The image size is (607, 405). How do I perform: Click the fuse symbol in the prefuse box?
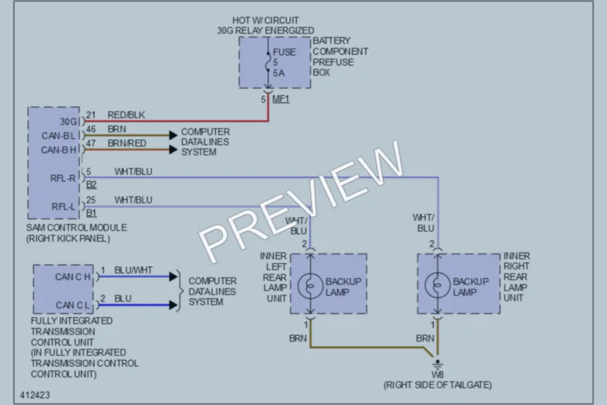[x=268, y=62]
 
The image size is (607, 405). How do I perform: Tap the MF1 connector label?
[x=281, y=99]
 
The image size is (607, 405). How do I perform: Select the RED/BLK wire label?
[x=126, y=115]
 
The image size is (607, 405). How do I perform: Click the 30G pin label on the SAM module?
[x=68, y=122]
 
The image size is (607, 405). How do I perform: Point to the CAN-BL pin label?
[x=59, y=136]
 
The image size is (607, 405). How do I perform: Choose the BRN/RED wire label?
[x=127, y=143]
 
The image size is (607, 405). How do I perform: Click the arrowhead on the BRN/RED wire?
[x=173, y=150]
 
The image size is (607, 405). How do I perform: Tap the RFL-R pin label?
[x=63, y=178]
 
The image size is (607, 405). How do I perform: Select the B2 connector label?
[x=91, y=185]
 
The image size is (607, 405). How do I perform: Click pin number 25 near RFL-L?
[x=91, y=200]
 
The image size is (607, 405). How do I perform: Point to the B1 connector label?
[x=91, y=213]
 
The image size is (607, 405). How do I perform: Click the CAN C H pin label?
[x=72, y=277]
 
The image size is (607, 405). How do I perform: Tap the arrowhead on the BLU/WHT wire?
[x=173, y=277]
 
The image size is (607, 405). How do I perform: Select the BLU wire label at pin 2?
[x=123, y=299]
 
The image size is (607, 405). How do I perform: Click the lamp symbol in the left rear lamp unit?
[x=310, y=286]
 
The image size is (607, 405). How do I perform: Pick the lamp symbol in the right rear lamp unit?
[x=438, y=286]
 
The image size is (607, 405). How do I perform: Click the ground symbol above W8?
[x=438, y=364]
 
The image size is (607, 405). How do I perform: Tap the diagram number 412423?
[x=35, y=395]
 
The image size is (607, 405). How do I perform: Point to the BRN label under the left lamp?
[x=297, y=338]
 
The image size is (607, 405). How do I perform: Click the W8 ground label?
[x=438, y=375]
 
